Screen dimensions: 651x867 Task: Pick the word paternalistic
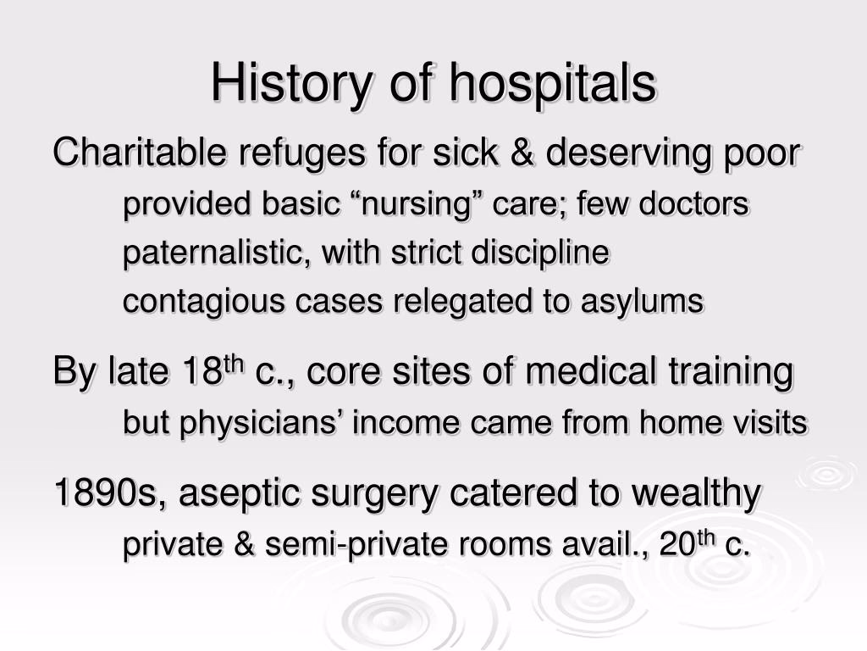[215, 253]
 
